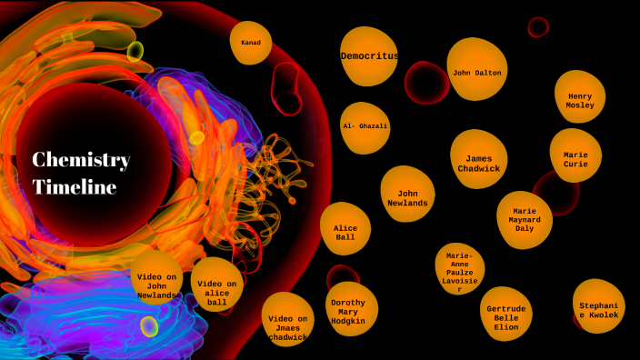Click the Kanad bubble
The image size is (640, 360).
click(251, 43)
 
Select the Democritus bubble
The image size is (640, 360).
click(369, 56)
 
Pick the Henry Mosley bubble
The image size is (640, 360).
click(580, 98)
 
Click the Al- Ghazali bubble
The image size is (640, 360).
click(365, 126)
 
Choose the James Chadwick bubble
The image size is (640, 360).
click(477, 162)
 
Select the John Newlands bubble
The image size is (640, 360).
click(407, 196)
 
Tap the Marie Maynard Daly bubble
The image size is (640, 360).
click(524, 219)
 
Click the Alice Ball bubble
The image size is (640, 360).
click(345, 231)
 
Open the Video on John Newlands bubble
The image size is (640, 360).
click(157, 284)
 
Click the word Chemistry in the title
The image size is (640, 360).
click(81, 160)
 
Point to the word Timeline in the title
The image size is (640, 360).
click(75, 187)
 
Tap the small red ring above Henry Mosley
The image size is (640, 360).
click(538, 27)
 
